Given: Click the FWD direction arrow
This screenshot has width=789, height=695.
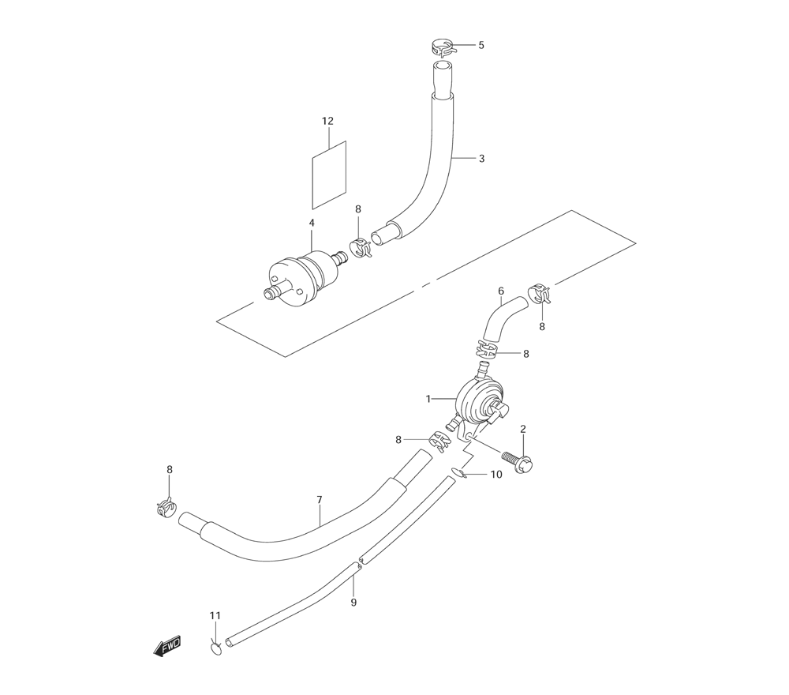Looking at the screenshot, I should click(x=167, y=647).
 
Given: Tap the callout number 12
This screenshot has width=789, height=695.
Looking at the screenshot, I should click(x=327, y=121).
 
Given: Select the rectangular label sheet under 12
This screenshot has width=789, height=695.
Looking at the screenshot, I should click(x=331, y=175).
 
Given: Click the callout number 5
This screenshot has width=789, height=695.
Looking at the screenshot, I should click(x=481, y=45).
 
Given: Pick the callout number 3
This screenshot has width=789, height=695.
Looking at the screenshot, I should click(x=481, y=158).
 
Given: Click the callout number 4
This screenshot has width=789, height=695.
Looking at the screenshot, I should click(x=312, y=224).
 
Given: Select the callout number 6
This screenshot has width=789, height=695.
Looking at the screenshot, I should click(x=500, y=291).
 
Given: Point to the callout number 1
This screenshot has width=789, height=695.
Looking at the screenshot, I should click(x=428, y=399).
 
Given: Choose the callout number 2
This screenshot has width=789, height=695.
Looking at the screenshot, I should click(x=522, y=429).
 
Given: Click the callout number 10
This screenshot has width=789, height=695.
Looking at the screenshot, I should click(x=495, y=475).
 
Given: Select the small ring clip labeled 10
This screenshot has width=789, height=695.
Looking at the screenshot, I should click(x=458, y=473).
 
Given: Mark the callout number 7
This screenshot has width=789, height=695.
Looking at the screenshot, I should click(x=319, y=500).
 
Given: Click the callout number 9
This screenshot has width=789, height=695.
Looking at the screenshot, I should click(x=353, y=602).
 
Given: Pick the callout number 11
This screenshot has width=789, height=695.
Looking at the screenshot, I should click(x=215, y=615).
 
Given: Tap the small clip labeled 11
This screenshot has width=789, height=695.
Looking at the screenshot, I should click(x=215, y=648).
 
